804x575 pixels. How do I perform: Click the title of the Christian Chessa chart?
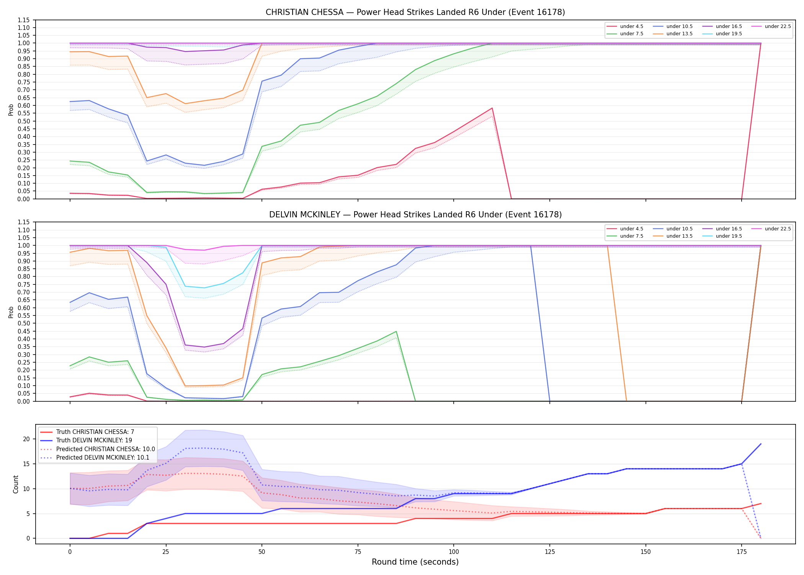[415, 12]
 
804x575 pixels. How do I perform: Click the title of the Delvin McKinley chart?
[415, 215]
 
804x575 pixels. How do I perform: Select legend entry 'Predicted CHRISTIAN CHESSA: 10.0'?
[98, 449]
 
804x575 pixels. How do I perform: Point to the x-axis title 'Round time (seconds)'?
[415, 562]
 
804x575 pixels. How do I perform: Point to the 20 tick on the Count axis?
[26, 439]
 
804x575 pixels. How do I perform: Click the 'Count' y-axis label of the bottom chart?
[16, 484]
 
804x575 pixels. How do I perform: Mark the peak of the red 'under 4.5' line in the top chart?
[492, 108]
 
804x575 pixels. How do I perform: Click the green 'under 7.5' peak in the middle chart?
[396, 331]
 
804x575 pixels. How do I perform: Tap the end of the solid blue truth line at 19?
[761, 444]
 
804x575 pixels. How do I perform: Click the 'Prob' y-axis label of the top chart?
[11, 110]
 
